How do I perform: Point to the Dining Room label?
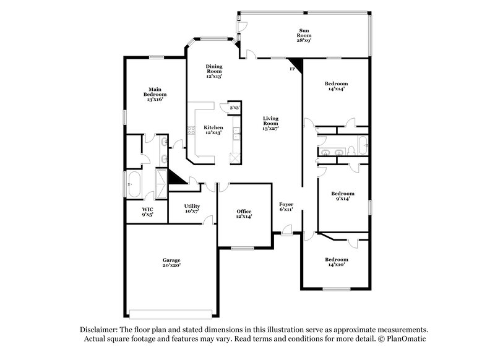214,71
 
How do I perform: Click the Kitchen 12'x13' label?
213,131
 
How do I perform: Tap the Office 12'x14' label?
242,214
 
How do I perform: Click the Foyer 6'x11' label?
286,207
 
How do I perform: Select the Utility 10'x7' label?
192,208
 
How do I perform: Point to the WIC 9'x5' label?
147,212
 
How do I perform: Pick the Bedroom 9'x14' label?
342,196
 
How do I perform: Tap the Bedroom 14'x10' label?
337,262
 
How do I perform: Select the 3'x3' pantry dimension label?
235,108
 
